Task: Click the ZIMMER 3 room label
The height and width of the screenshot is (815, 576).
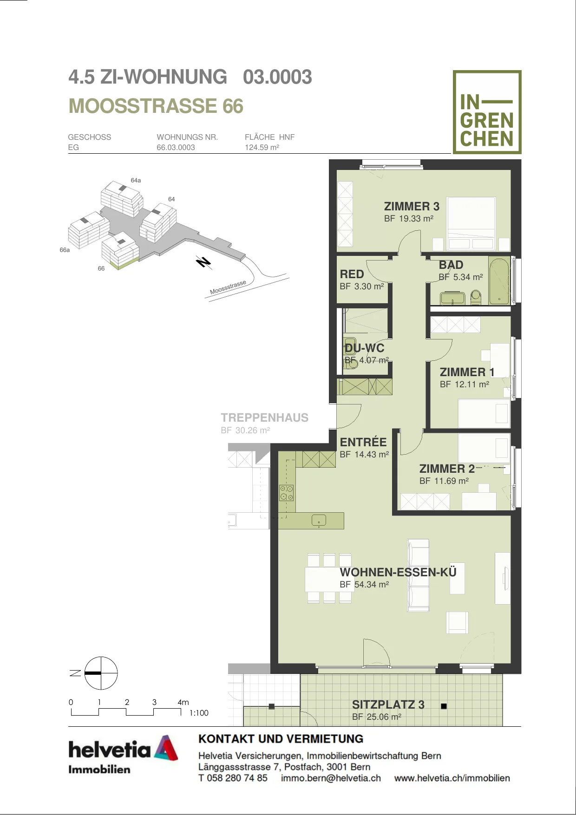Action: pyautogui.click(x=412, y=206)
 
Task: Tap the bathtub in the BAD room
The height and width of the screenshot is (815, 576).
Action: pyautogui.click(x=500, y=281)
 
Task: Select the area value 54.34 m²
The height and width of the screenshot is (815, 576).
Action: pyautogui.click(x=372, y=585)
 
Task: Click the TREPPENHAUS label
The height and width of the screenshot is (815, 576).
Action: pyautogui.click(x=264, y=417)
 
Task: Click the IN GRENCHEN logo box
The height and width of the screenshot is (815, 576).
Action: pyautogui.click(x=487, y=112)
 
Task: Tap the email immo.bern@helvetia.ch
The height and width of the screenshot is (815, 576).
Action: pyautogui.click(x=331, y=778)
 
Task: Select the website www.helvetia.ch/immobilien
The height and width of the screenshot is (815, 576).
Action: pyautogui.click(x=452, y=778)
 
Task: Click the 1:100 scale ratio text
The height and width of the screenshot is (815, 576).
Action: pyautogui.click(x=199, y=713)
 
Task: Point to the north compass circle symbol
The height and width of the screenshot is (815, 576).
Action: pyautogui.click(x=101, y=673)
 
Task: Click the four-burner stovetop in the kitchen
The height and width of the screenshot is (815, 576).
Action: pyautogui.click(x=286, y=493)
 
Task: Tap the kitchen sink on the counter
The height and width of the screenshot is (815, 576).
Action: pyautogui.click(x=319, y=521)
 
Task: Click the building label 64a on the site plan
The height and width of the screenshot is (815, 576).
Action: pyautogui.click(x=136, y=180)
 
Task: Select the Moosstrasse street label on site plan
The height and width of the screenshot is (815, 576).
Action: pyautogui.click(x=228, y=287)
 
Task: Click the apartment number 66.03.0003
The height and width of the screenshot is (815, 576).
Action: pyautogui.click(x=176, y=148)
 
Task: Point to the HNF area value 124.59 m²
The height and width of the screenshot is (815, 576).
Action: pyautogui.click(x=262, y=148)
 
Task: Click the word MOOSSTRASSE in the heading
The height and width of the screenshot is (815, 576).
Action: pyautogui.click(x=143, y=106)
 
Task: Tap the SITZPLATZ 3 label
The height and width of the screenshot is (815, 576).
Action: pyautogui.click(x=388, y=704)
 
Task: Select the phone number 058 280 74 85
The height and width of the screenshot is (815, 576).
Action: pyautogui.click(x=237, y=778)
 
